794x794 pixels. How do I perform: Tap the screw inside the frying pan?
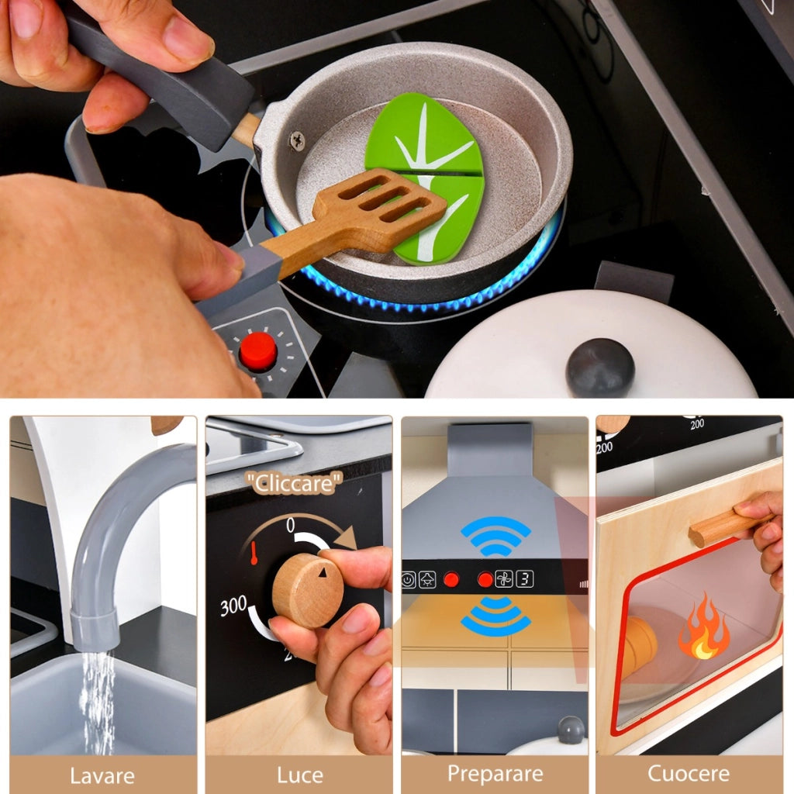297,140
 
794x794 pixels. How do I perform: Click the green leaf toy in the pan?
424,178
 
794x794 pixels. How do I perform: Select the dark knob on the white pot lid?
600,366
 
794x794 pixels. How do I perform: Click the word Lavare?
102,775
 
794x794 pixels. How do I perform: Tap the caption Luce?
300,775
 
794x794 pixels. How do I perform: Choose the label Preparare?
495,775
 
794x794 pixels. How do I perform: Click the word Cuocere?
689,774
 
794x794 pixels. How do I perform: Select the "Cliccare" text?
294,482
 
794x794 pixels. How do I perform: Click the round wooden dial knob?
308,590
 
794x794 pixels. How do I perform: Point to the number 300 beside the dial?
233,606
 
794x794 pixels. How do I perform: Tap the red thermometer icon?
254,554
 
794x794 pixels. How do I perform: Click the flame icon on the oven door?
704,627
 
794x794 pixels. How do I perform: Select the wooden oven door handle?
729,526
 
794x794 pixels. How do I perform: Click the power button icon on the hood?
408,579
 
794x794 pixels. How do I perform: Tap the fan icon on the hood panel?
504,578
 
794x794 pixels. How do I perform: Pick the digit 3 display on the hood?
525,578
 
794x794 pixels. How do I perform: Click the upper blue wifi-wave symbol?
495,536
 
